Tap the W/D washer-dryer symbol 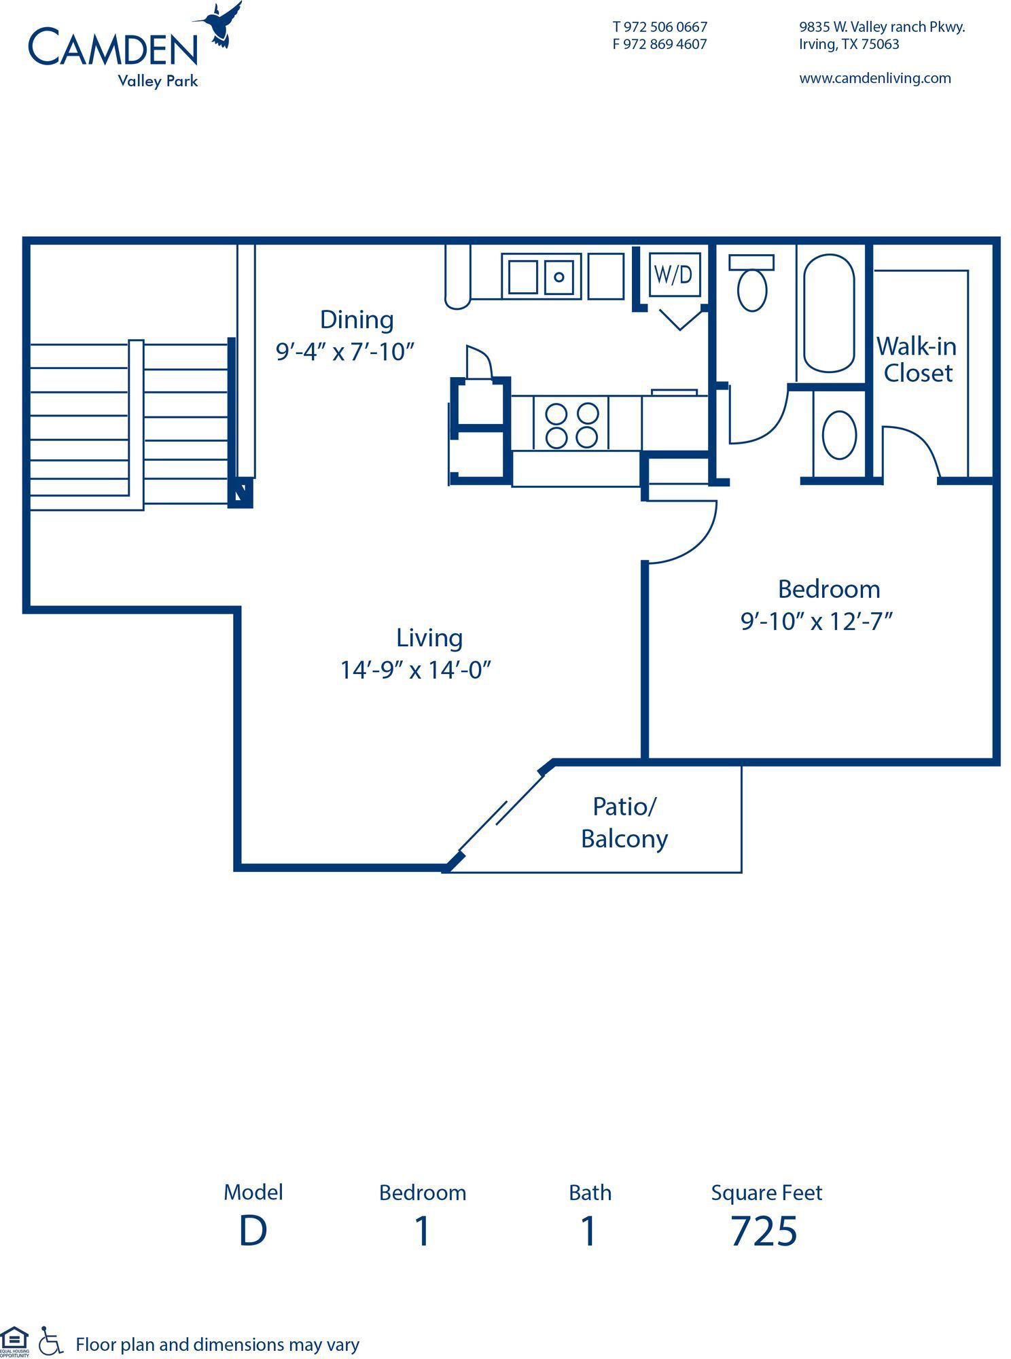(x=674, y=274)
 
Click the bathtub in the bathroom (x=829, y=313)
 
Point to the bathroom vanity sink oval (x=839, y=435)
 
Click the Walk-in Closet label (x=917, y=359)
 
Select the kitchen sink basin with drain (x=558, y=277)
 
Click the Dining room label (x=357, y=319)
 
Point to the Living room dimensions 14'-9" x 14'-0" (x=415, y=671)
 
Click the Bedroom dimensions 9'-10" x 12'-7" (x=816, y=621)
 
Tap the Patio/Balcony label (x=624, y=823)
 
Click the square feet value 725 (x=764, y=1231)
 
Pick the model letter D (x=253, y=1231)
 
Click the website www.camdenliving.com (x=875, y=78)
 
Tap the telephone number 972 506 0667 (x=665, y=27)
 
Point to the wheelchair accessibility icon (x=50, y=1341)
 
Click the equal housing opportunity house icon (x=14, y=1339)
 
